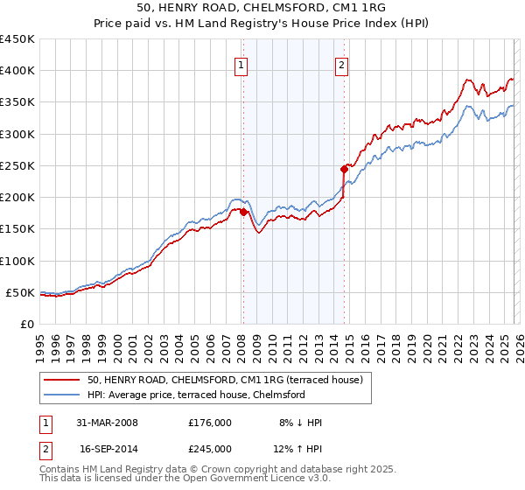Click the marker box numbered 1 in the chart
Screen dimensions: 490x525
[241, 64]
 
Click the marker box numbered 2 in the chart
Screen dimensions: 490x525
[341, 64]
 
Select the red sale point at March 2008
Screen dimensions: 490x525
[243, 212]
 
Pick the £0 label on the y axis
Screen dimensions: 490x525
[26, 324]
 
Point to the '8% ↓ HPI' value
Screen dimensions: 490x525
[299, 423]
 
